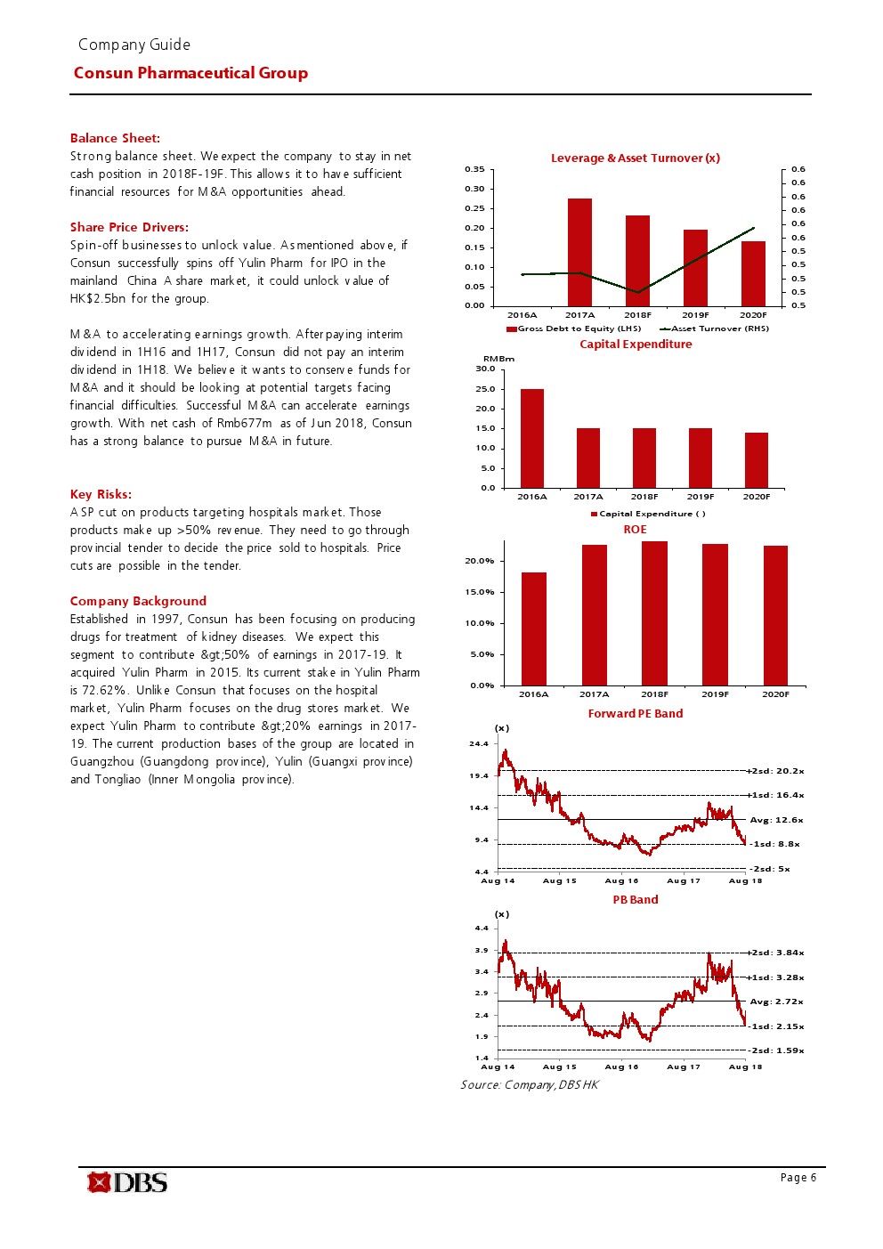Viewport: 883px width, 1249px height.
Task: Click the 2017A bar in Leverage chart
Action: click(x=579, y=253)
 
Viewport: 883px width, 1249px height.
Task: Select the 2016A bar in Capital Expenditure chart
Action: click(x=532, y=438)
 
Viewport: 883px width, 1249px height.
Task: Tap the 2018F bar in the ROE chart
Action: click(x=654, y=613)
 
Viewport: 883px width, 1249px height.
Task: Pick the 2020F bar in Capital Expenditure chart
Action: click(x=756, y=460)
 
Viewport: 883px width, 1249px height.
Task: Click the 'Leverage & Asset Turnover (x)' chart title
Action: click(x=636, y=158)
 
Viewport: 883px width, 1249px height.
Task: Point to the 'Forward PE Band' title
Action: click(x=636, y=714)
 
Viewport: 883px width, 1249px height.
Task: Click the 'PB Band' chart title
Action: click(x=636, y=900)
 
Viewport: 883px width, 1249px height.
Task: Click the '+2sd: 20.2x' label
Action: click(x=776, y=771)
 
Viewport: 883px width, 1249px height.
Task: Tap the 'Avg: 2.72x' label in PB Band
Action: click(x=776, y=1002)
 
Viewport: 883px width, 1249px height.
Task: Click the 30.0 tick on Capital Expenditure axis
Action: click(x=485, y=369)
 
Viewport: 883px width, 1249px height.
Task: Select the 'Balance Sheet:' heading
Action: click(x=115, y=138)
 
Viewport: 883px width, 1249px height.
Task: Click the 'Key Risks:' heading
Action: click(x=101, y=494)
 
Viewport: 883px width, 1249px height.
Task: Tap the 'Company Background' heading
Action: click(x=138, y=601)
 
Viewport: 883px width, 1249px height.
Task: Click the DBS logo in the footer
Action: click(x=127, y=1182)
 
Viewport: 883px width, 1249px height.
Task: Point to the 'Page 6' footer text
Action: click(x=798, y=1178)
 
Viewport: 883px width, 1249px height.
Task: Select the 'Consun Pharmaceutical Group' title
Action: click(x=190, y=73)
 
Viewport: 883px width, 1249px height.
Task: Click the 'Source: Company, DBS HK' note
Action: click(x=530, y=1084)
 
